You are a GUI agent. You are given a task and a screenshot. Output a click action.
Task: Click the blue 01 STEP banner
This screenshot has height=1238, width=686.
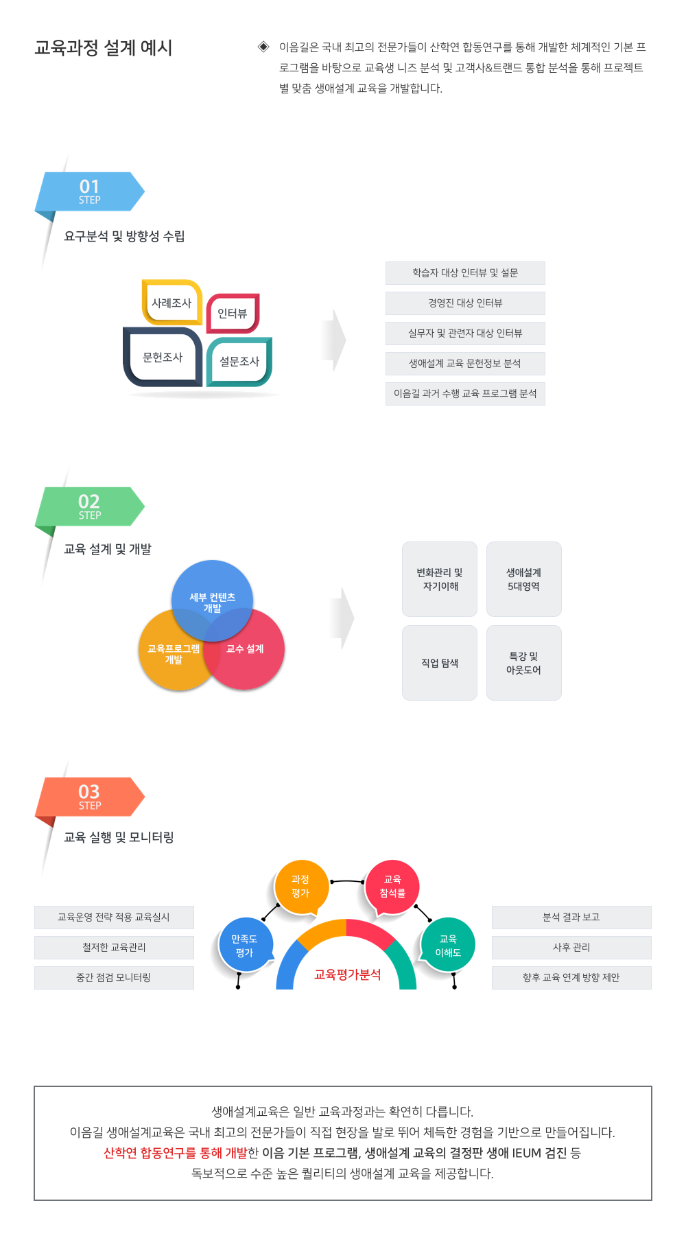[90, 191]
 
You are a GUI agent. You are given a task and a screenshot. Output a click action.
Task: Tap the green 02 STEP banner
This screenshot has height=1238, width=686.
[90, 506]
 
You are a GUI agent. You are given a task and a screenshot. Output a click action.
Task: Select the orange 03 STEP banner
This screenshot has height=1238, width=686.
[90, 797]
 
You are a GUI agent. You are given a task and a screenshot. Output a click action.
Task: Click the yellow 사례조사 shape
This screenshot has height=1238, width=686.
[171, 303]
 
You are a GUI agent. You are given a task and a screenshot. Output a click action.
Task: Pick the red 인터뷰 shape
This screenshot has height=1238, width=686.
[233, 313]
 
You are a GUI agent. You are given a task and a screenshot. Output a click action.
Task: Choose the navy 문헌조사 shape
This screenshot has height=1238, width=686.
[163, 357]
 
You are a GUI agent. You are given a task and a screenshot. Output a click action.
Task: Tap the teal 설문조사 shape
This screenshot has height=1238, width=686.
[239, 361]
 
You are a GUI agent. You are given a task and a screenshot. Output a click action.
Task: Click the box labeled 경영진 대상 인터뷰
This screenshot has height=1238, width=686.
[465, 303]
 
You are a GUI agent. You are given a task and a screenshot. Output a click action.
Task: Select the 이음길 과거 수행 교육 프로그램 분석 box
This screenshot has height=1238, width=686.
[465, 394]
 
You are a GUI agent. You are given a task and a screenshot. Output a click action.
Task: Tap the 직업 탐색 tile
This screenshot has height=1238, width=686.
[440, 663]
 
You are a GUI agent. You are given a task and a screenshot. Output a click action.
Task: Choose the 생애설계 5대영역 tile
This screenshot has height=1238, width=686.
[524, 579]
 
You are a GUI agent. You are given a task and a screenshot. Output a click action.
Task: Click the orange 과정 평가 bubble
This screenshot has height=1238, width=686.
[301, 887]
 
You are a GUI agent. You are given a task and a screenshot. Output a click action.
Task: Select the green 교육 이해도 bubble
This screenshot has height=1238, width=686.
[448, 945]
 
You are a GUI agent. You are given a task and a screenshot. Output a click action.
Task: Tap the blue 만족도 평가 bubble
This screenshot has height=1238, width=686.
[245, 945]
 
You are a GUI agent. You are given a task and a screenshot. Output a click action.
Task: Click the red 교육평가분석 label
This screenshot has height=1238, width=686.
[347, 974]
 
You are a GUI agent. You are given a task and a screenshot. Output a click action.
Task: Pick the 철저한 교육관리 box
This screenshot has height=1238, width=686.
[114, 948]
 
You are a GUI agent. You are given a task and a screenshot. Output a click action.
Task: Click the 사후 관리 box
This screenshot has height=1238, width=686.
[571, 948]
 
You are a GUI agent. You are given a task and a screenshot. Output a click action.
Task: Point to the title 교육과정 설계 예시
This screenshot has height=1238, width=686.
[104, 48]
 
